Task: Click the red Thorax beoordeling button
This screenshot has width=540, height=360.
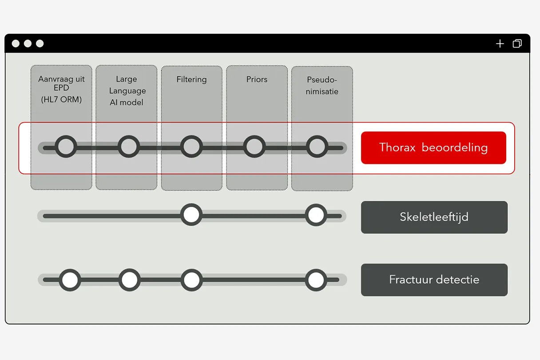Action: (x=433, y=148)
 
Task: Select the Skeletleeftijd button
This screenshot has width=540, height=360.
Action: (x=434, y=217)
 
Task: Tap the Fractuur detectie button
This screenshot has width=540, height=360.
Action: (x=434, y=280)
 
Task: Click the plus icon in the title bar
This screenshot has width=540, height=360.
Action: (x=500, y=44)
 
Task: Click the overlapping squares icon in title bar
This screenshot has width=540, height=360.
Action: (x=517, y=44)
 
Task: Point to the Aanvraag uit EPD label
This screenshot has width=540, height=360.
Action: (x=61, y=89)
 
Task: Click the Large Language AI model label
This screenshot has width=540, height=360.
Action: (x=127, y=91)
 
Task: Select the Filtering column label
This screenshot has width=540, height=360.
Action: (x=192, y=80)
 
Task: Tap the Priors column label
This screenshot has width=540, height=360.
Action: (x=257, y=80)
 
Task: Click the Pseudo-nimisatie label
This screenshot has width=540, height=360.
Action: (x=322, y=85)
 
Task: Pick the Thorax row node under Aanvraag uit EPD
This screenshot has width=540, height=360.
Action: (x=66, y=147)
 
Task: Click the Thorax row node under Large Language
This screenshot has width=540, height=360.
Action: (x=129, y=147)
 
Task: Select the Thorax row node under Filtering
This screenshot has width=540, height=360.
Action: (x=191, y=147)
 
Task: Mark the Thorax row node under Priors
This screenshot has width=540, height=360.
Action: (x=254, y=147)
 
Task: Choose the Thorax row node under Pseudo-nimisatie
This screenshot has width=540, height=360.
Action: (x=317, y=147)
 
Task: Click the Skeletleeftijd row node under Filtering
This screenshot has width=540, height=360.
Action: (x=191, y=215)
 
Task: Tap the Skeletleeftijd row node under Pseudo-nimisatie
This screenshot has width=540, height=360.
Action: (x=316, y=215)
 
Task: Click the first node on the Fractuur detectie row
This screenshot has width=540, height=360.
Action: (x=70, y=280)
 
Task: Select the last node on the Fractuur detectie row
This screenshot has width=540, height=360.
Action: (x=316, y=280)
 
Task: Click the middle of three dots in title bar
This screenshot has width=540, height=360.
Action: (x=28, y=44)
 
